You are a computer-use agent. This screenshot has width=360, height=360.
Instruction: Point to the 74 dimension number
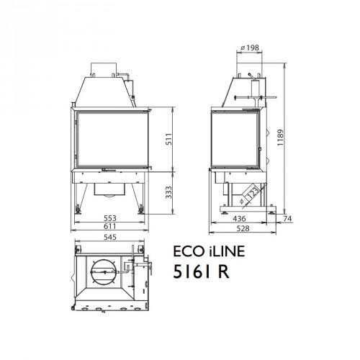click(287, 218)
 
